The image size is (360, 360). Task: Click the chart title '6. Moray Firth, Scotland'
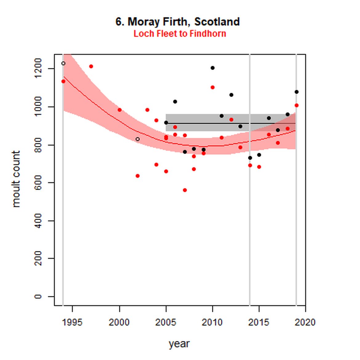pyautogui.click(x=178, y=22)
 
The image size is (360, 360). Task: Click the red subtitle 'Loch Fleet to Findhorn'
pyautogui.click(x=180, y=34)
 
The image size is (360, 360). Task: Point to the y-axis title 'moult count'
pyautogui.click(x=16, y=179)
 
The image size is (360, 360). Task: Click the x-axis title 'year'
pyautogui.click(x=179, y=343)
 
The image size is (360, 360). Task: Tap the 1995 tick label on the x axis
pyautogui.click(x=72, y=322)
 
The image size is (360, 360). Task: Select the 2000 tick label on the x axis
pyautogui.click(x=119, y=322)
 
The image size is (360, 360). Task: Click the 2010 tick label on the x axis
pyautogui.click(x=212, y=322)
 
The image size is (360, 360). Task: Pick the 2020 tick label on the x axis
pyautogui.click(x=305, y=322)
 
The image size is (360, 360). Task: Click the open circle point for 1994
pyautogui.click(x=63, y=63)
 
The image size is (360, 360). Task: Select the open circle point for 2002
pyautogui.click(x=138, y=139)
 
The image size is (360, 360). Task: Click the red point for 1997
pyautogui.click(x=91, y=66)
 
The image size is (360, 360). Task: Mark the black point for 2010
pyautogui.click(x=213, y=68)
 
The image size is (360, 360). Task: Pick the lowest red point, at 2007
pyautogui.click(x=185, y=190)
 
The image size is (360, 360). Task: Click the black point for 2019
pyautogui.click(x=297, y=92)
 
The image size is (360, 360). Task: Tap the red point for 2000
pyautogui.click(x=120, y=110)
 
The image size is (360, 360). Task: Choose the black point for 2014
pyautogui.click(x=250, y=158)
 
